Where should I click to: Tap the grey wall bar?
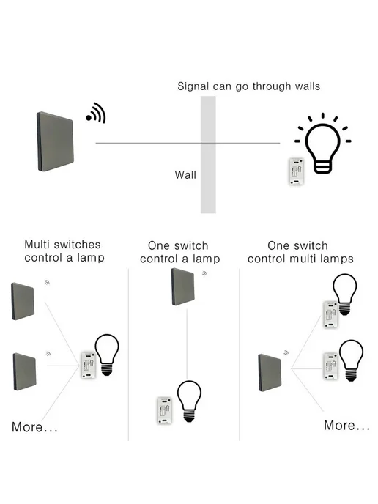pyautogui.click(x=208, y=155)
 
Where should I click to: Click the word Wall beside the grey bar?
pyautogui.click(x=185, y=175)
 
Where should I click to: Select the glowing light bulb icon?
pyautogui.click(x=323, y=144)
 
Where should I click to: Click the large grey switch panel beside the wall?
pyautogui.click(x=55, y=141)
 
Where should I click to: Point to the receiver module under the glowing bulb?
pyautogui.click(x=296, y=171)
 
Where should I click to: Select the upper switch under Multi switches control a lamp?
pyautogui.click(x=23, y=301)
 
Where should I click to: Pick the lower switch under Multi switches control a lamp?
pyautogui.click(x=25, y=371)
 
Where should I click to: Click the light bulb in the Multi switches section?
pyautogui.click(x=107, y=355)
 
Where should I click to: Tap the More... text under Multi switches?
pyautogui.click(x=34, y=427)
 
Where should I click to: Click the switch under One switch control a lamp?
pyautogui.click(x=183, y=286)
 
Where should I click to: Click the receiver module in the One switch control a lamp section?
pyautogui.click(x=164, y=410)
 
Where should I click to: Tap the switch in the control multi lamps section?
pyautogui.click(x=270, y=373)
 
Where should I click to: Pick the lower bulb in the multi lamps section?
pyautogui.click(x=352, y=360)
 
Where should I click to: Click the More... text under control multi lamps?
pyautogui.click(x=346, y=425)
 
